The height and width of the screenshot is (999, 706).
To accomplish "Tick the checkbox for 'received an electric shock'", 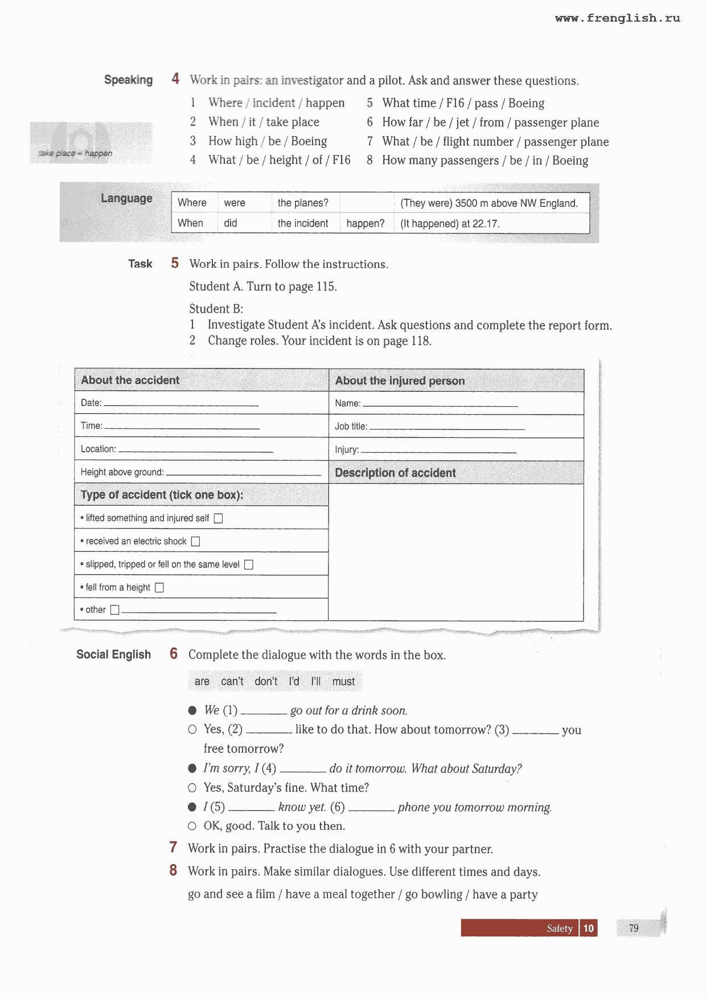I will tap(195, 541).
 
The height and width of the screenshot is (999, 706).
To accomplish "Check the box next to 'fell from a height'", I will tap(159, 587).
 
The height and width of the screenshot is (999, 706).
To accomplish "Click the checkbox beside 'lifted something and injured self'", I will tap(218, 518).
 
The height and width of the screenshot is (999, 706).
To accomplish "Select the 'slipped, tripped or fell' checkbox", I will tap(249, 564).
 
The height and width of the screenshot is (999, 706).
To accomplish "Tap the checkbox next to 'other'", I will tap(114, 610).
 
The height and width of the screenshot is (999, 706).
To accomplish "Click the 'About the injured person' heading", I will tap(400, 380).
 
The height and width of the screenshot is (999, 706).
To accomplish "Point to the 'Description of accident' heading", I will tap(395, 473).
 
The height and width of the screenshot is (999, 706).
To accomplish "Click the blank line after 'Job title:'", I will tap(447, 428).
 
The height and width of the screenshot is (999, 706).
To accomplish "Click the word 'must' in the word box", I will tap(343, 681).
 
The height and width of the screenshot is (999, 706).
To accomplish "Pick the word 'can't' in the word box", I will tap(232, 681).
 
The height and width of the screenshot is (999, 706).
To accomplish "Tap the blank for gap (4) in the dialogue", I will tap(303, 771).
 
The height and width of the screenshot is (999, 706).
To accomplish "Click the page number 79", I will tap(634, 928).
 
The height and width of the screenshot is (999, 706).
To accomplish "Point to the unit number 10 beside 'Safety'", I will tap(588, 928).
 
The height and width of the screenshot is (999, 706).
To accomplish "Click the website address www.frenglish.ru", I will tap(617, 18).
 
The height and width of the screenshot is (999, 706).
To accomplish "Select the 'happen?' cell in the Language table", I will tap(365, 223).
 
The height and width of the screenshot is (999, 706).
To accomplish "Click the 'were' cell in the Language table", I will tap(235, 203).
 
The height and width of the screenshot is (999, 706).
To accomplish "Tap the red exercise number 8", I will tap(173, 870).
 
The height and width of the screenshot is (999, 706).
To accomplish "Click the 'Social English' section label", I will tap(113, 654).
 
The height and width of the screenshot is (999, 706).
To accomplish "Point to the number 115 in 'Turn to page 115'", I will tap(326, 286).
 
